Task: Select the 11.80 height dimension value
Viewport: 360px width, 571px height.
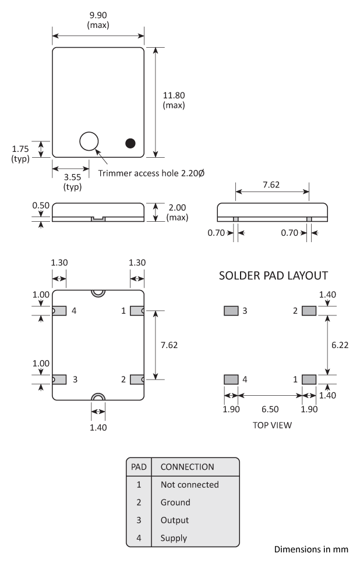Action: click(x=174, y=95)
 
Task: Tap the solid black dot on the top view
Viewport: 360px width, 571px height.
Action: click(x=130, y=143)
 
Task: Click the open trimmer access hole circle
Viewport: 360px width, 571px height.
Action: click(x=89, y=141)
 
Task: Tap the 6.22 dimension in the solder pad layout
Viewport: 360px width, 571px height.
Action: click(x=340, y=345)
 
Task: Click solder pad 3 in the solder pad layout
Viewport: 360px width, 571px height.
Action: click(x=231, y=311)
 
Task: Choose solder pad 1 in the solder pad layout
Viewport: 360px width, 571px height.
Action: click(x=309, y=379)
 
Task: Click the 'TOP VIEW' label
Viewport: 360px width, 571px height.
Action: click(x=272, y=425)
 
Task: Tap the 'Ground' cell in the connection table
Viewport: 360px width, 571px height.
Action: click(x=175, y=502)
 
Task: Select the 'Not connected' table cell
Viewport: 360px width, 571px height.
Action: click(x=189, y=484)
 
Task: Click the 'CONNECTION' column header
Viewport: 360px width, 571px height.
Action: click(x=186, y=466)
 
